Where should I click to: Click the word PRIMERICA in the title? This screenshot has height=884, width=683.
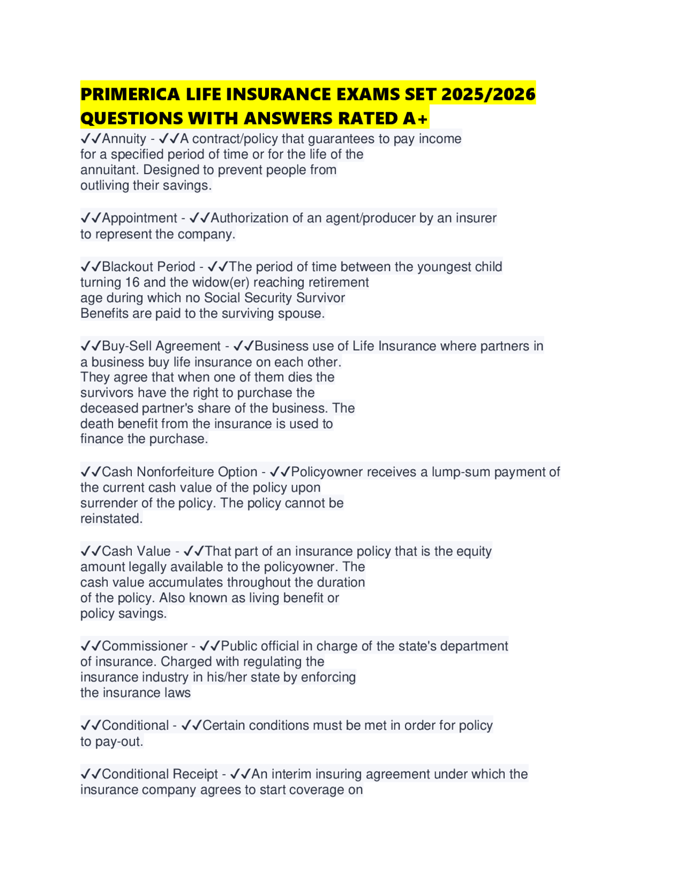130,94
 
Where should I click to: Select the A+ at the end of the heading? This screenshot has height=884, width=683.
416,119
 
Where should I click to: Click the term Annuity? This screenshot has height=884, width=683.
124,139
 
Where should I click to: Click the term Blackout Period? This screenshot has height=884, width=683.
148,266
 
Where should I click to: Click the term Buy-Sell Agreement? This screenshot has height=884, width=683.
161,346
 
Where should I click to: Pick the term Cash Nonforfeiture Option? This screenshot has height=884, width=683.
179,472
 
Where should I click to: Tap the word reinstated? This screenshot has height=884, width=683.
111,518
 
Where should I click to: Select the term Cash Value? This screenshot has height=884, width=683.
136,551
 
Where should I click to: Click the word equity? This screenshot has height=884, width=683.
471,551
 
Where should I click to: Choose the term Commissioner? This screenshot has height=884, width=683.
144,646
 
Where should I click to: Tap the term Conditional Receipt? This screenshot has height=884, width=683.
160,774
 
